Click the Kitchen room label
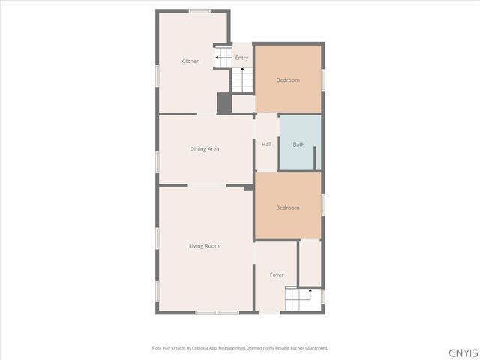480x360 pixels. tap(190, 61)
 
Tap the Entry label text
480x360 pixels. tap(241, 58)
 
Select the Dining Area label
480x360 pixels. tap(204, 149)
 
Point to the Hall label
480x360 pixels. tap(266, 144)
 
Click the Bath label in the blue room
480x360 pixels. tap(298, 145)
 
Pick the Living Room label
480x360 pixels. tap(204, 246)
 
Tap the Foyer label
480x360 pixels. tap(277, 275)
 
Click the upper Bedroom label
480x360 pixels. tap(288, 80)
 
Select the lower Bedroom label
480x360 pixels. tap(288, 208)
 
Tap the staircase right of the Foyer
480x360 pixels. tap(298, 301)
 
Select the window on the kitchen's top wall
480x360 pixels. tap(199, 10)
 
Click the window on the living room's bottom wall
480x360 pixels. tap(216, 312)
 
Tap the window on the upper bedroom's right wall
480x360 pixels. tap(323, 79)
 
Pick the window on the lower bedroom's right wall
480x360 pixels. tap(323, 205)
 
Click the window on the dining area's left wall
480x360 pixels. tap(157, 162)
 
